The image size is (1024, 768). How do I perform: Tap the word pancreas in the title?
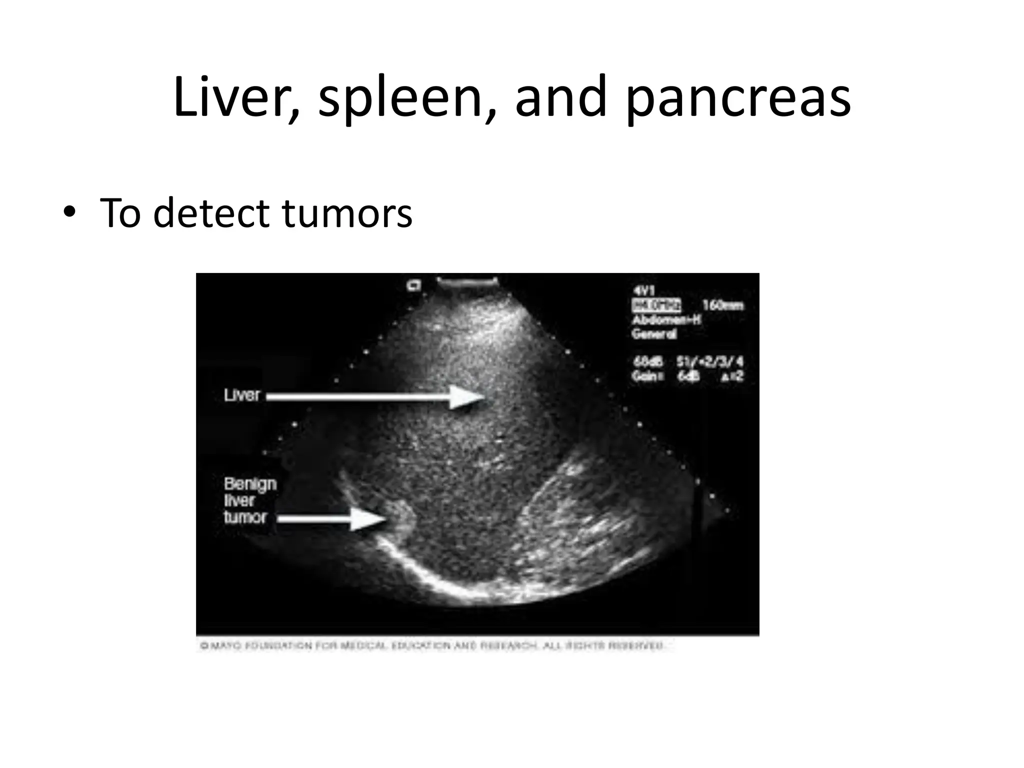[x=737, y=99]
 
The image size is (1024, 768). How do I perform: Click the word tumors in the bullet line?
[x=347, y=213]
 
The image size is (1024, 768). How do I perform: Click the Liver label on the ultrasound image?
[x=242, y=395]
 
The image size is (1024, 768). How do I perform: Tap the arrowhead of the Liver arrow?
[x=468, y=397]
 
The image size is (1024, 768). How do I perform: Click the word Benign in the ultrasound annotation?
[x=250, y=483]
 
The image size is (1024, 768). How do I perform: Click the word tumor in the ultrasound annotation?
[x=245, y=517]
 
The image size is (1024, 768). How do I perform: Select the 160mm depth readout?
[x=722, y=305]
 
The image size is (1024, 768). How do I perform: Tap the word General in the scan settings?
[x=654, y=334]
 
